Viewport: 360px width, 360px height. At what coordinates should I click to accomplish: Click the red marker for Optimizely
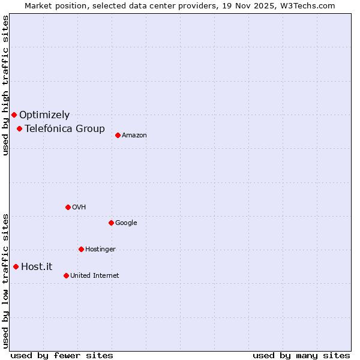(14, 115)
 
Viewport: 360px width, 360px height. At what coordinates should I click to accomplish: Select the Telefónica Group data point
(19, 128)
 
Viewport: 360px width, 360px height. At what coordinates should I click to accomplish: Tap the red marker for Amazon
(118, 135)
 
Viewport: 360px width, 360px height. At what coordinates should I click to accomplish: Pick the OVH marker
(68, 207)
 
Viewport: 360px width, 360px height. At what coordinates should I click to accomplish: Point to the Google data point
(111, 223)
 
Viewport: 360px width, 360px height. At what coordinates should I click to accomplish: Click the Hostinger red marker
(81, 249)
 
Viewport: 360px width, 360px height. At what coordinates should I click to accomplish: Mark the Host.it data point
(16, 266)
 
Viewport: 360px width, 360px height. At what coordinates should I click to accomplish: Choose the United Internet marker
(66, 275)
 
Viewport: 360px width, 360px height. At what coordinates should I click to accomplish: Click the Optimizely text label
(44, 115)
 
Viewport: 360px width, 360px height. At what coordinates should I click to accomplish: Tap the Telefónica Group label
(65, 129)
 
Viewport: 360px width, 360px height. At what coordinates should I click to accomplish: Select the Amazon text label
(134, 136)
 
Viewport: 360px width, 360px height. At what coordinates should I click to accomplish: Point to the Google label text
(126, 223)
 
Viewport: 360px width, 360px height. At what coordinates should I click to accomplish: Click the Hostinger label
(100, 250)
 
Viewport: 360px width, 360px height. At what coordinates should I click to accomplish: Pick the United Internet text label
(94, 276)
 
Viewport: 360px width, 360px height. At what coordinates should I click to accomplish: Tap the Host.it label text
(37, 267)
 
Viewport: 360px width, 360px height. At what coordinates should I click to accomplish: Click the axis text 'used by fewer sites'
(62, 355)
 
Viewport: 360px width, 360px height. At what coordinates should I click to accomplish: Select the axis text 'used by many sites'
(301, 355)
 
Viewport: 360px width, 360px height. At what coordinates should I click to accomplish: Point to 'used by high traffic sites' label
(5, 85)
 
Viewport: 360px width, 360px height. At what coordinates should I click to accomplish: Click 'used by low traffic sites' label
(5, 280)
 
